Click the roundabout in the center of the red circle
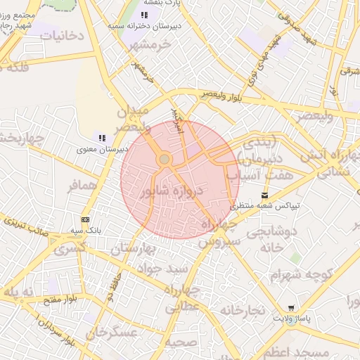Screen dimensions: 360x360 click(165, 160)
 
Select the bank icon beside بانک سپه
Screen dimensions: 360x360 click(86, 220)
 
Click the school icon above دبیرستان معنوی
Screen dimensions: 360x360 click(102, 138)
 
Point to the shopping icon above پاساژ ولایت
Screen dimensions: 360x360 click(291, 308)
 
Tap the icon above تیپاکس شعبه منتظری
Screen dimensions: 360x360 click(264, 195)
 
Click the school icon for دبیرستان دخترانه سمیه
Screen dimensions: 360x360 click(145, 15)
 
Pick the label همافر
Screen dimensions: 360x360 click(81, 188)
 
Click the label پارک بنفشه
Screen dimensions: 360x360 click(163, 4)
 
